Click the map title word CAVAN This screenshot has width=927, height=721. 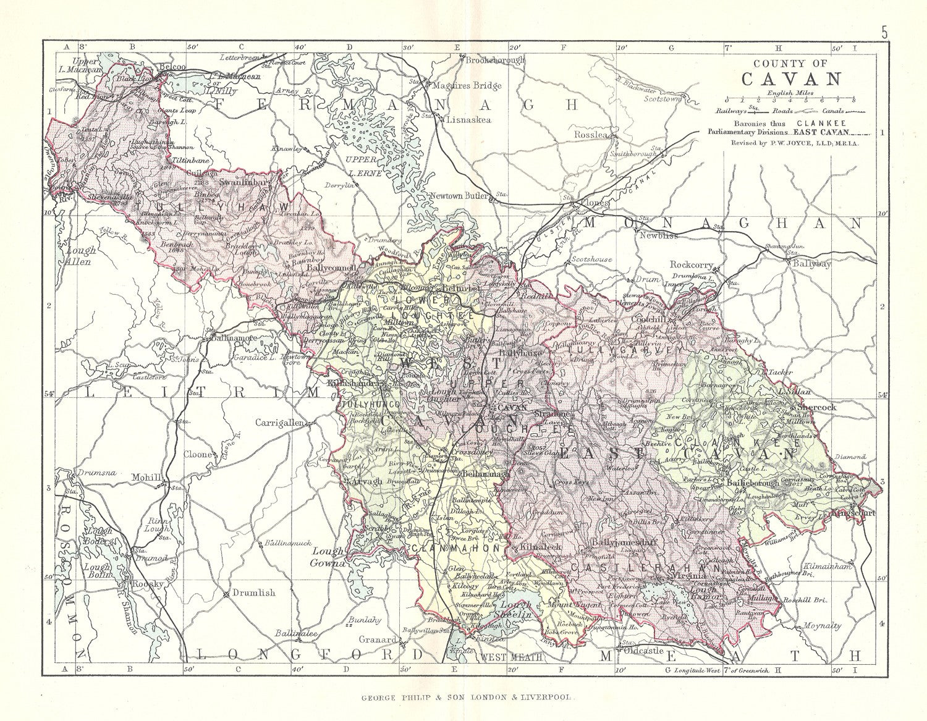pos(790,79)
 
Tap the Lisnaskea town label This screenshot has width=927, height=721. pos(467,120)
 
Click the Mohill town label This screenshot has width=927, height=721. pos(146,478)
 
